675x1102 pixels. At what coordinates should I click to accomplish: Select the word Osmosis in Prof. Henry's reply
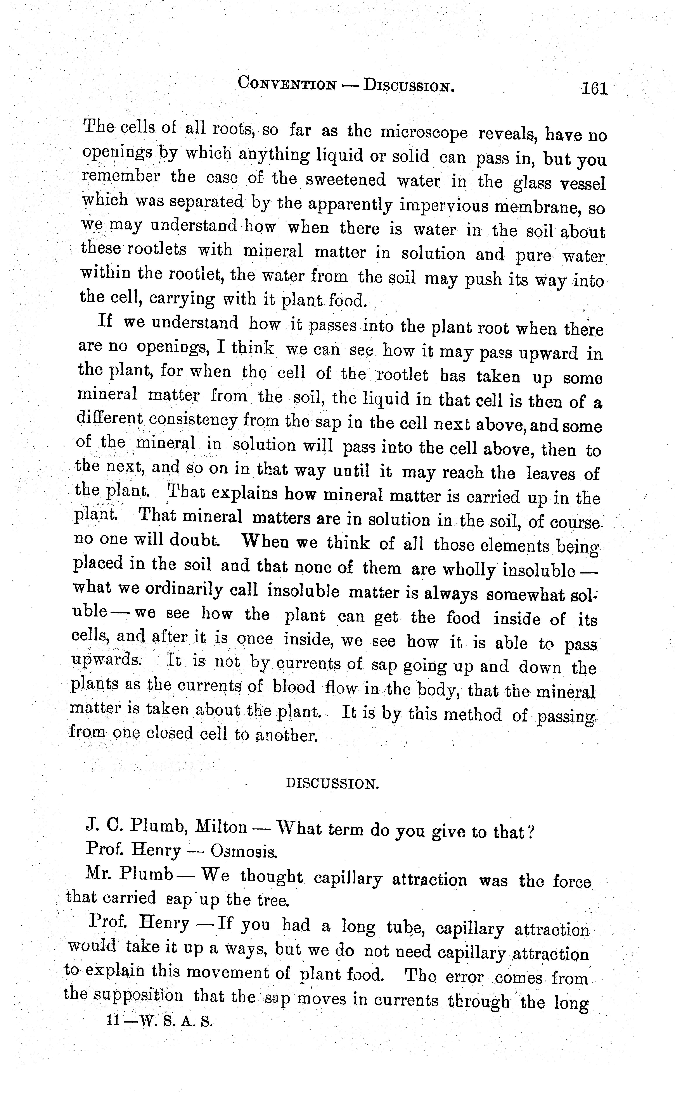244,851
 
